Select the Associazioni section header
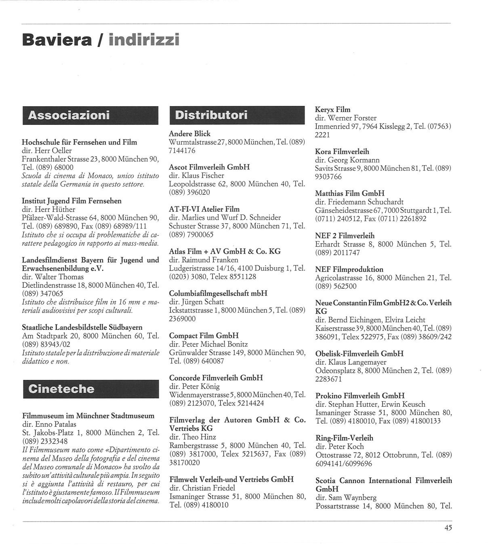pos(69,116)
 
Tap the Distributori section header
pos(211,115)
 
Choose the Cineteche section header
pos(61,389)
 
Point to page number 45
pos(448,528)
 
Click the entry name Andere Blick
pos(189,134)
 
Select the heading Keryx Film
pos(332,109)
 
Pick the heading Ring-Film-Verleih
pos(344,438)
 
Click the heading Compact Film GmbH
pos(204,336)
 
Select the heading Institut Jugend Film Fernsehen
pos(72,201)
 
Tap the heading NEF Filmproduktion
pos(349,269)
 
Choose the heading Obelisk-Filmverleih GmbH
pos(359,354)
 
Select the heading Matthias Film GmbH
pos(349,193)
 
